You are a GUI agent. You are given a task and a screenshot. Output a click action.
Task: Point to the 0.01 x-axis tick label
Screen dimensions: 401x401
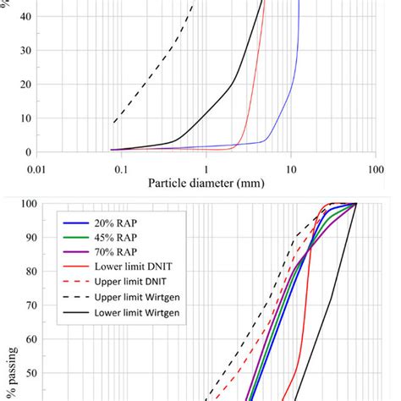36,168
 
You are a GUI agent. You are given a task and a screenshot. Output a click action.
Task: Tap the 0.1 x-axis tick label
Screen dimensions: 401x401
121,168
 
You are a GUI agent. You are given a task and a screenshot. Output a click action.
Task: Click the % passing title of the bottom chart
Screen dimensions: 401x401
8,372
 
